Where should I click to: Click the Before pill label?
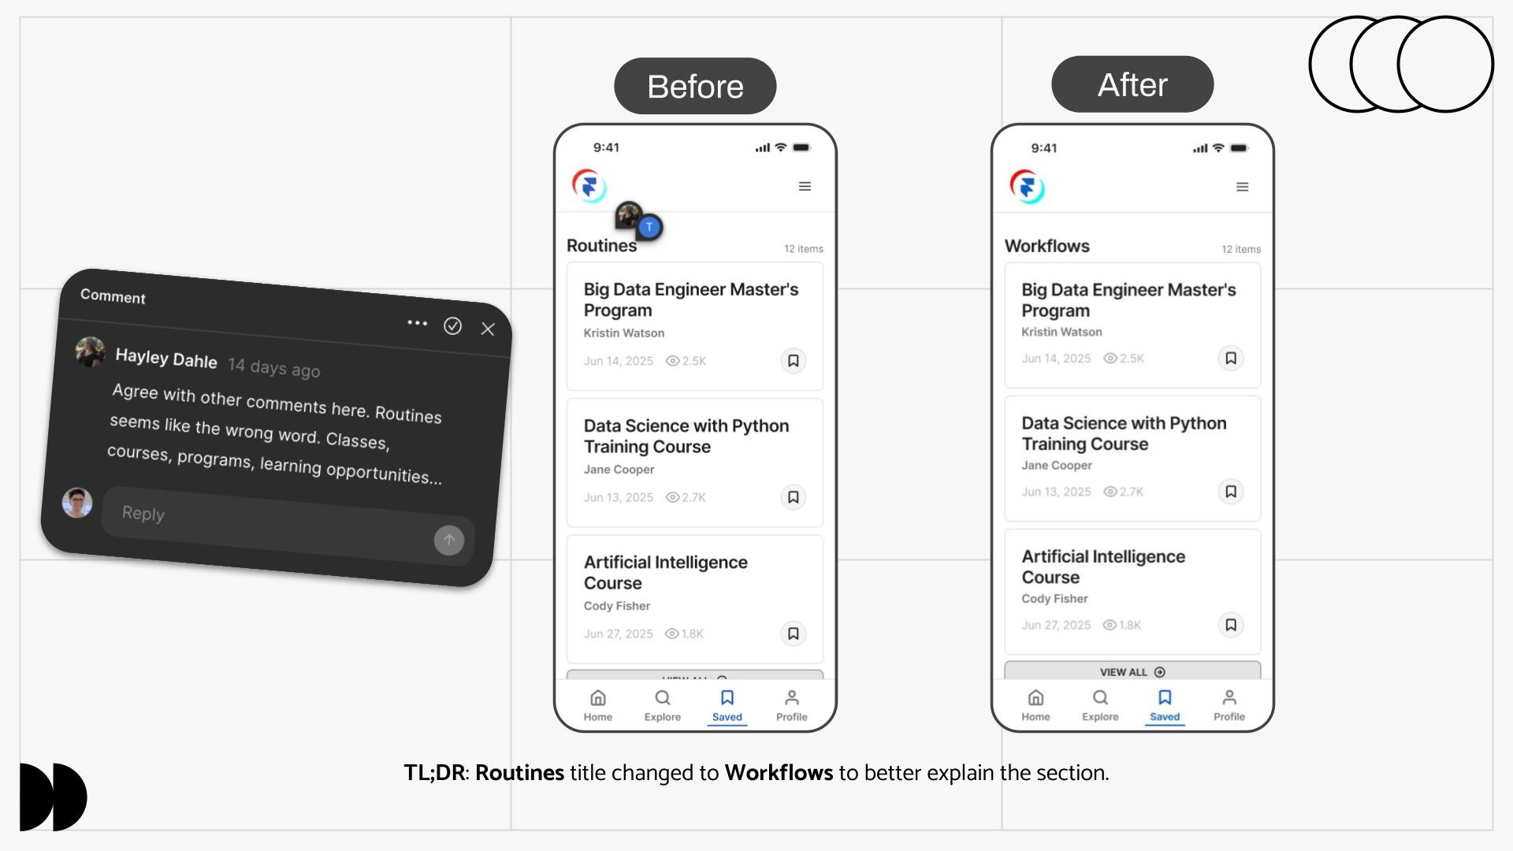[695, 86]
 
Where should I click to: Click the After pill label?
[1132, 84]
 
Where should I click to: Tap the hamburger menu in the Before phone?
[805, 187]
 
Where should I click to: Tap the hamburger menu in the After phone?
[1242, 187]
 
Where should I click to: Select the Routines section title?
[601, 246]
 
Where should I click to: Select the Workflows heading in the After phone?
[1046, 246]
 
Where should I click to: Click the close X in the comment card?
[488, 329]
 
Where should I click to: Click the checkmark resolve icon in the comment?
[452, 326]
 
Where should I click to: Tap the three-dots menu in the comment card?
[417, 323]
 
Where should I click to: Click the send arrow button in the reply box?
[449, 540]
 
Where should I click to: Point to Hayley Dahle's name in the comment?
[166, 359]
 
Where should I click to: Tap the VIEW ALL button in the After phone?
[1132, 671]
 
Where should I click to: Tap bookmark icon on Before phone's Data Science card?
[794, 497]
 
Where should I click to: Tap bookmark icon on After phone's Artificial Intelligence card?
[1231, 625]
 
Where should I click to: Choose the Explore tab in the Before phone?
[663, 705]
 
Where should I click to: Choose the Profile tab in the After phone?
[1229, 705]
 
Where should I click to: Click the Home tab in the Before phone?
[598, 705]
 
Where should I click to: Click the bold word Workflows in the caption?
[779, 773]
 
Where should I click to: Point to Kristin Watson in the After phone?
[1061, 333]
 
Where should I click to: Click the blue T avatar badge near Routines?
[649, 227]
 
